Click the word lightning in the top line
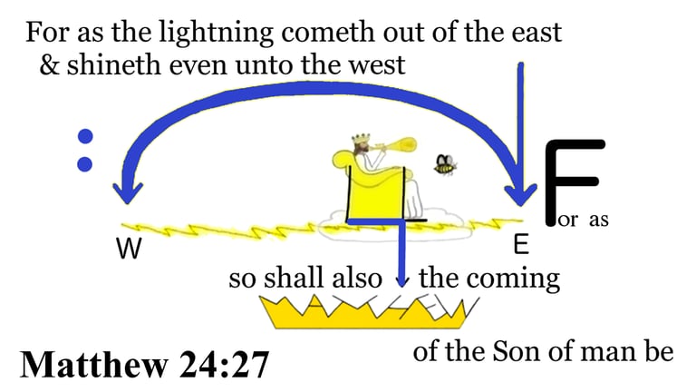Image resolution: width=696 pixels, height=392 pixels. point(217,34)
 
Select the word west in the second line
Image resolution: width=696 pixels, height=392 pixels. point(377,65)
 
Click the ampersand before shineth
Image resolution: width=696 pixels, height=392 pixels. point(49,65)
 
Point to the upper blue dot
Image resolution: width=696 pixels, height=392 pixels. point(85,136)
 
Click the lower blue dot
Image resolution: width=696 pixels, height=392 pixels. point(85,164)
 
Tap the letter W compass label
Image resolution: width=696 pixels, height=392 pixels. point(130,249)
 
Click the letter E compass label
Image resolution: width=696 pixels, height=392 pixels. point(521,245)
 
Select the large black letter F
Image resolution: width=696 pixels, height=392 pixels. point(574,181)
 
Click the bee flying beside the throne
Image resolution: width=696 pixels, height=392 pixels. point(445,165)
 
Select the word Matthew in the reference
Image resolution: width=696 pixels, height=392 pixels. point(94,365)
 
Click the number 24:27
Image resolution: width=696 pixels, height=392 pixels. point(225,365)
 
